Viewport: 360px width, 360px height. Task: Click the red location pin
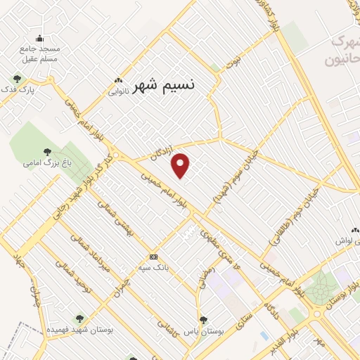pos(181,165)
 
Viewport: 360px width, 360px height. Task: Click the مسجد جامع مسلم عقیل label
pos(40,53)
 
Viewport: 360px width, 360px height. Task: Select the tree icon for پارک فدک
pos(17,79)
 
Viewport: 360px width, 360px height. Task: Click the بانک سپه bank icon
pos(153,257)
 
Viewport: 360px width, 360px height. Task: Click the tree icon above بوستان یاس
pos(202,319)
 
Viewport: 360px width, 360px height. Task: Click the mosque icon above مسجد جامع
pos(39,39)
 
